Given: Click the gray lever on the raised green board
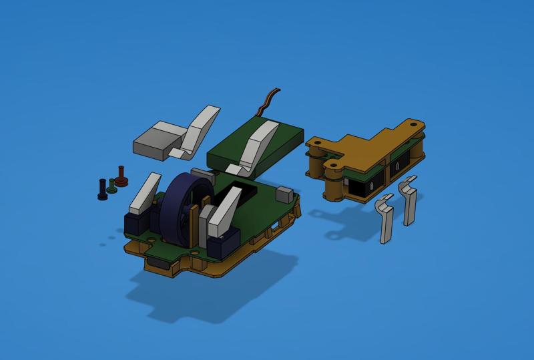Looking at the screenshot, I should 258,144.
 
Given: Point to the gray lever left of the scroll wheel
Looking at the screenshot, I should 146,192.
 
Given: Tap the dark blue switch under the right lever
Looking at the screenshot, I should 223,244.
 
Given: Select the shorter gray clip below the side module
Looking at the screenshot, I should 384,218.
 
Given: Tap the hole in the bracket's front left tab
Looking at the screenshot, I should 332,163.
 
